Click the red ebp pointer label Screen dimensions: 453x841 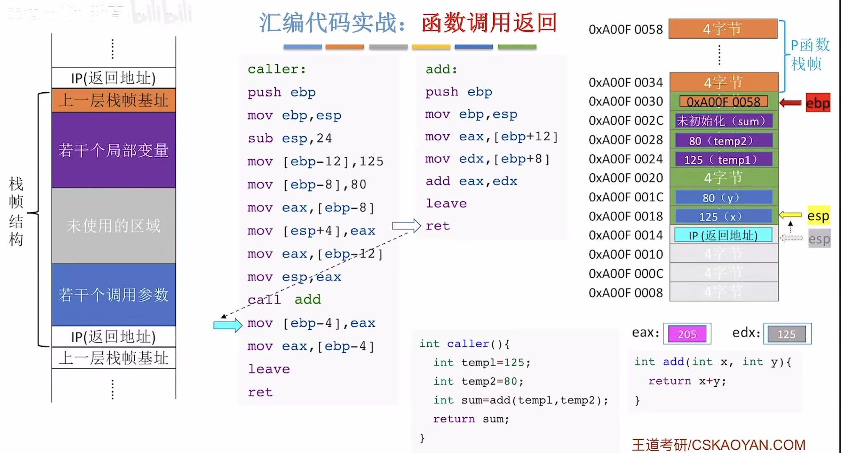point(818,103)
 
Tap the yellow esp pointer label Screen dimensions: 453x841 point(818,216)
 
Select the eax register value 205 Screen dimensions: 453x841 point(687,334)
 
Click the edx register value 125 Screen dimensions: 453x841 point(786,334)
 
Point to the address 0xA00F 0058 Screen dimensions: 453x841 point(625,29)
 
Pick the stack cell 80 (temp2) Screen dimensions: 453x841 point(724,141)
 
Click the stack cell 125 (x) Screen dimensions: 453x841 point(724,216)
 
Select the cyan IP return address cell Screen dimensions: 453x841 point(723,235)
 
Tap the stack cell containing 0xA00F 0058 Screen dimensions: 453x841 point(724,102)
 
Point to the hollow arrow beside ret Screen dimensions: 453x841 point(406,226)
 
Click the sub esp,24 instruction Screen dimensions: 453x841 point(289,138)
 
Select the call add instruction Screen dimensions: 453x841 point(284,299)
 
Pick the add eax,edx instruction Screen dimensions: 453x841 point(471,181)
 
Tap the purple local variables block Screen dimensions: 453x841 point(114,150)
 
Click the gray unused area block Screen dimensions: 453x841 point(114,226)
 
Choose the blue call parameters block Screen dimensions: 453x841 point(114,294)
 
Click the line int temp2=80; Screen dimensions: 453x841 point(478,381)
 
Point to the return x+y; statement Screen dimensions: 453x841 point(687,381)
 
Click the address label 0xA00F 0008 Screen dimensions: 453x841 point(625,293)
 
